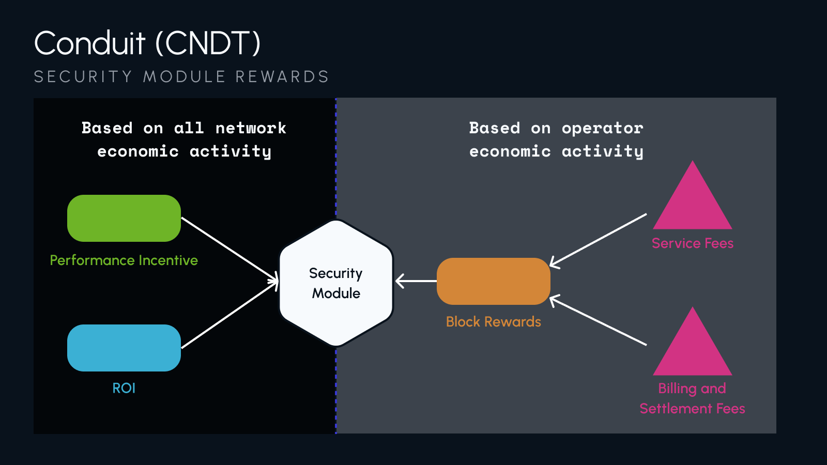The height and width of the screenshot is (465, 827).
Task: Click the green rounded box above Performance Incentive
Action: [124, 218]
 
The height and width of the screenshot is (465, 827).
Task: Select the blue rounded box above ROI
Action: [124, 348]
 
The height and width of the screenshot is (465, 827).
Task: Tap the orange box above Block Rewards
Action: [493, 281]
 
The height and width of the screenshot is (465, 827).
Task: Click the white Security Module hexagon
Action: [336, 283]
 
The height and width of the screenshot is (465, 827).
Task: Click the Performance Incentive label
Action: [124, 260]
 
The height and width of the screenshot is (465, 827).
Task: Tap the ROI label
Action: [124, 388]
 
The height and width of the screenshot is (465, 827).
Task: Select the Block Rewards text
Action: [493, 322]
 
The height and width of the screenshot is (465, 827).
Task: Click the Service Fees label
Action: [693, 243]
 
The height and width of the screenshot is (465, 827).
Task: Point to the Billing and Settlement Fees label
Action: [693, 398]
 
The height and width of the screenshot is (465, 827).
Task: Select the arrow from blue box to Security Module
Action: [230, 315]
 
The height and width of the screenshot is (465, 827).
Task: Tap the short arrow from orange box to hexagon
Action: [416, 281]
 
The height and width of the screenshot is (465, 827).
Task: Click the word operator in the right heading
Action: [602, 128]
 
